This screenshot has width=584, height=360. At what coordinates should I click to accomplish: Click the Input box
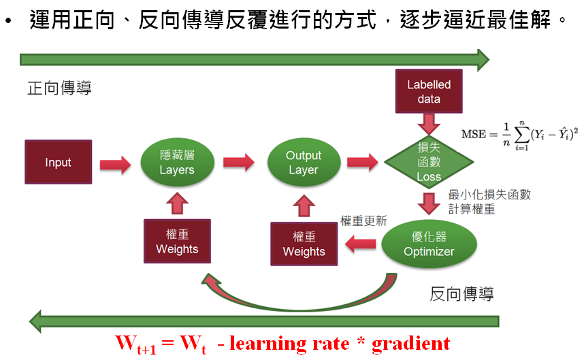[58, 162]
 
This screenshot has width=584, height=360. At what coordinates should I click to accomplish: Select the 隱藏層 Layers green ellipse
[177, 162]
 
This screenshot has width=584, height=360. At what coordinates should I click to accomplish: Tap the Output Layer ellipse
[303, 162]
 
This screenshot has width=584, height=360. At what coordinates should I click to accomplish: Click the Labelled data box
[429, 92]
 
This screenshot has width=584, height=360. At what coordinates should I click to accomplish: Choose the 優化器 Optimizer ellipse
[428, 244]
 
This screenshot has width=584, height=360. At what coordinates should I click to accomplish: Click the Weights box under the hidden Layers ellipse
[177, 241]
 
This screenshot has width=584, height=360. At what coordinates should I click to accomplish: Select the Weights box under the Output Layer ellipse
[304, 244]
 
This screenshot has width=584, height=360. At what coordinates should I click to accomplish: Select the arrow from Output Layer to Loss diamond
[361, 163]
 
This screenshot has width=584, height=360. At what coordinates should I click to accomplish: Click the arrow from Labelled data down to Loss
[429, 124]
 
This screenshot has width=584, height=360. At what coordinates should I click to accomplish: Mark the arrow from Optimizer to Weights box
[359, 243]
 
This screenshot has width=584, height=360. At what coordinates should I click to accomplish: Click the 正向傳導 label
[59, 88]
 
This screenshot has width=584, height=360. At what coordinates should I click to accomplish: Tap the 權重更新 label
[363, 220]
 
